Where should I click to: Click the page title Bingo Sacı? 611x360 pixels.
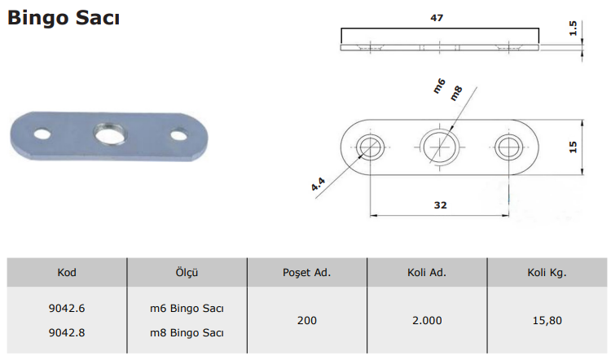(64, 18)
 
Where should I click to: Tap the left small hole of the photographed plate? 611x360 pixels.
(42, 134)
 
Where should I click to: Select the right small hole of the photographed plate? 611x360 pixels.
(179, 135)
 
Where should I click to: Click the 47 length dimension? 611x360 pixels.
(437, 18)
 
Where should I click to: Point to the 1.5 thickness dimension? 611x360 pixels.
(573, 28)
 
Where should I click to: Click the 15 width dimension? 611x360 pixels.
(573, 147)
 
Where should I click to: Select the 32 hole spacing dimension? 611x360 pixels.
(440, 205)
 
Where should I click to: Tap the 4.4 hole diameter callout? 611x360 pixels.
(318, 184)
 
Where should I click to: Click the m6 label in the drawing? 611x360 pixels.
(439, 86)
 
